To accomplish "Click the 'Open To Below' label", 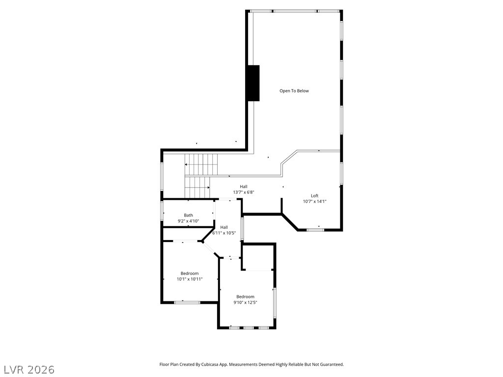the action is point(294,91).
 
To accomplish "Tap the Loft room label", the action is point(314,195).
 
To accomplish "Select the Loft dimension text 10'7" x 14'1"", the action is point(314,201).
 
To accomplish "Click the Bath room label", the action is point(188,215).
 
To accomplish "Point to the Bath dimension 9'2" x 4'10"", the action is point(188,221).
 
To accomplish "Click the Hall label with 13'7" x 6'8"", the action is point(244,187).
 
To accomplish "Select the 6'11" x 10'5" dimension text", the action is point(224,233).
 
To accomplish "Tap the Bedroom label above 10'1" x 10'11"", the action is point(190,273).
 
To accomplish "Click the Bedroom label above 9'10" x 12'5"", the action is point(246,296).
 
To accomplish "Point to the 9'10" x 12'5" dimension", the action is point(246,302).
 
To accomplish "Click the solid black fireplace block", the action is point(253,83).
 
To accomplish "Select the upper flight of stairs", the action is point(201,164).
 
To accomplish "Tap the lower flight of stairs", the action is point(197,188).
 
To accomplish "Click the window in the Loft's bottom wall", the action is point(315,230).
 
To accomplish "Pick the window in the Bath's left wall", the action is point(162,210).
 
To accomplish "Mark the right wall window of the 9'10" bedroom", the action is point(275,302).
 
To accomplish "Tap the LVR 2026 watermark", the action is point(28,370).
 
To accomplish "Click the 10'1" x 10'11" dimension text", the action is point(190,279).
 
